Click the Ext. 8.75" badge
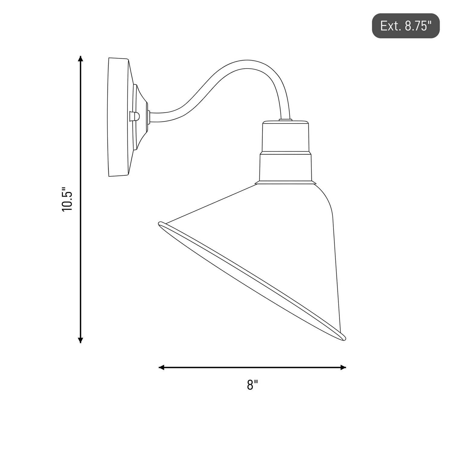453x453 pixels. click(x=406, y=26)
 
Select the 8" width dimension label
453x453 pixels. click(x=252, y=385)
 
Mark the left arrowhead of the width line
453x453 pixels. click(x=162, y=367)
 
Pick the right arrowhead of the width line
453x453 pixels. click(x=343, y=367)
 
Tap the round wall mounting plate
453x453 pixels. click(x=119, y=117)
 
